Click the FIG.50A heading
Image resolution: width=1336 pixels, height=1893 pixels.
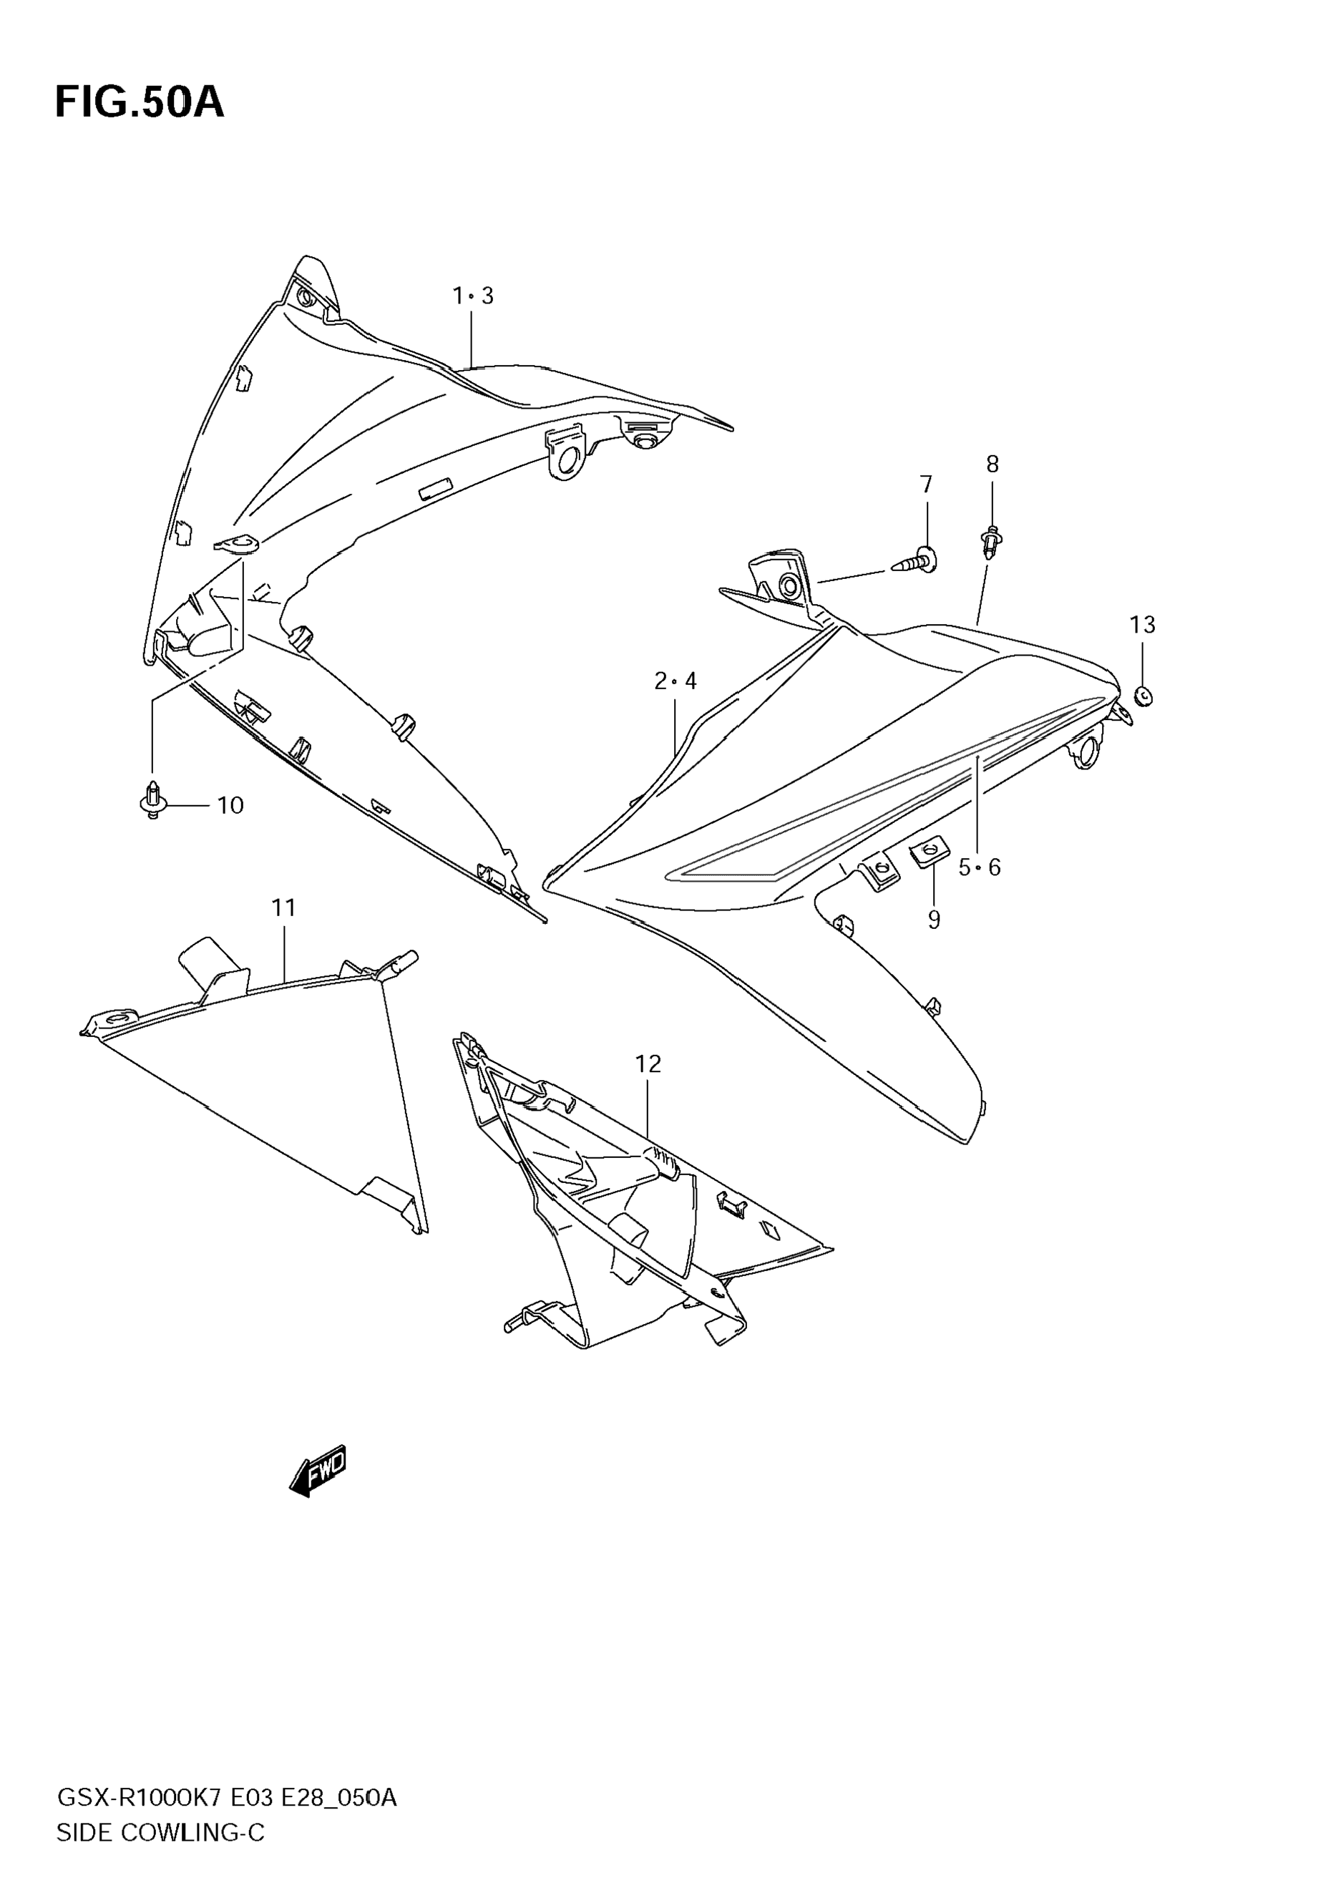[140, 104]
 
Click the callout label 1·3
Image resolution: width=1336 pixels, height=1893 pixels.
[473, 296]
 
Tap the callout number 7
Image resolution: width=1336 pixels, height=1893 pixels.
[927, 485]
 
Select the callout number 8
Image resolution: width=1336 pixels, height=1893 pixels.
[993, 465]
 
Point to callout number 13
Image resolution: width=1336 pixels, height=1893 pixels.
[1142, 625]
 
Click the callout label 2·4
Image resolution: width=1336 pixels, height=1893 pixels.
[675, 681]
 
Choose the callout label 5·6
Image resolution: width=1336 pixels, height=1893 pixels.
[979, 867]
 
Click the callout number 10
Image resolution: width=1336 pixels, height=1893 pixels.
[230, 806]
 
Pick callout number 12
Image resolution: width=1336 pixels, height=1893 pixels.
[648, 1064]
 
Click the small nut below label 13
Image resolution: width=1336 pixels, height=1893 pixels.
[1143, 696]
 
